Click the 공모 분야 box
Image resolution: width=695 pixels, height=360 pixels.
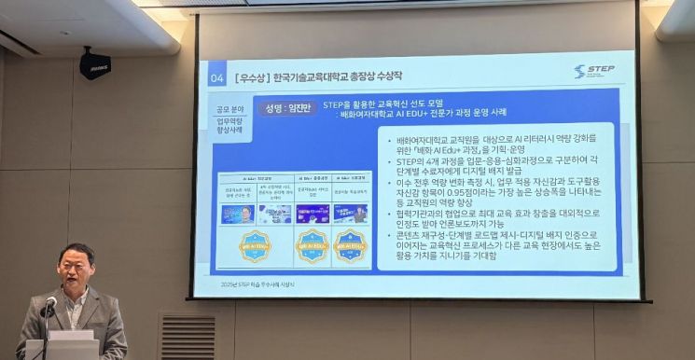pyautogui.click(x=229, y=109)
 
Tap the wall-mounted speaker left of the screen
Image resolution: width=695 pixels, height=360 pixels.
pyautogui.click(x=95, y=64)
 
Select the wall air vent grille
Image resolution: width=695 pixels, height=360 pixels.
pyautogui.click(x=187, y=336)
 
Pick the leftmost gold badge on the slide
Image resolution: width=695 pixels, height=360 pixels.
pyautogui.click(x=255, y=246)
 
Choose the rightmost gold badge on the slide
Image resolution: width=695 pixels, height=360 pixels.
pyautogui.click(x=351, y=246)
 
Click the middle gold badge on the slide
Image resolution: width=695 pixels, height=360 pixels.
pyautogui.click(x=312, y=246)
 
